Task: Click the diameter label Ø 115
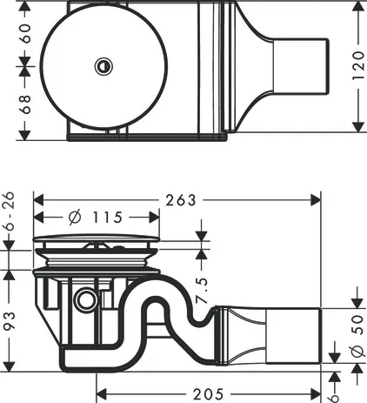pos(94,217)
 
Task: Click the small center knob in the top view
pos(103,65)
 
